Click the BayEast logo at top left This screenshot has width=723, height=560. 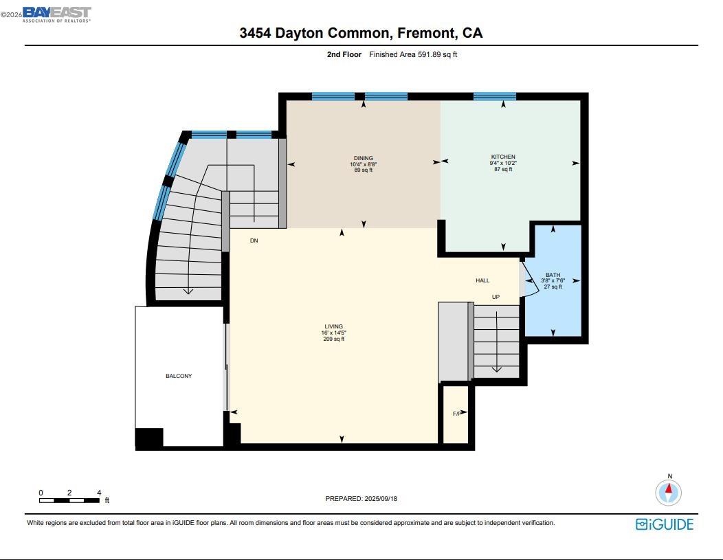click(56, 14)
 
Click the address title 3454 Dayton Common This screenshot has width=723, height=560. click(361, 33)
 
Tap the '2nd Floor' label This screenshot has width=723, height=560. click(344, 54)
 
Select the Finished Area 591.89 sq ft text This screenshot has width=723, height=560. click(413, 54)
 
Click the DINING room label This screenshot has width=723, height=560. click(364, 159)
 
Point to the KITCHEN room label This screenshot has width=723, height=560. click(503, 157)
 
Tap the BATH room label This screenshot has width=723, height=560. click(553, 275)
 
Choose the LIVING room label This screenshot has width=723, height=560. click(334, 327)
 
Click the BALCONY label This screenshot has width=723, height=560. click(179, 376)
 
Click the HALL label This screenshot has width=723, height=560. click(482, 280)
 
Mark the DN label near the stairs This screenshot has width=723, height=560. click(254, 240)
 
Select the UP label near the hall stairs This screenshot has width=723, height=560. click(496, 297)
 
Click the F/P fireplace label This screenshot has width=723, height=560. click(456, 414)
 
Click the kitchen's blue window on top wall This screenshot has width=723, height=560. click(494, 96)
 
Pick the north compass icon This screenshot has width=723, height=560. click(668, 491)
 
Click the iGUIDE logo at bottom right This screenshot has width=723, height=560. click(664, 524)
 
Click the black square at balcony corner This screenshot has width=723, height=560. click(149, 438)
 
